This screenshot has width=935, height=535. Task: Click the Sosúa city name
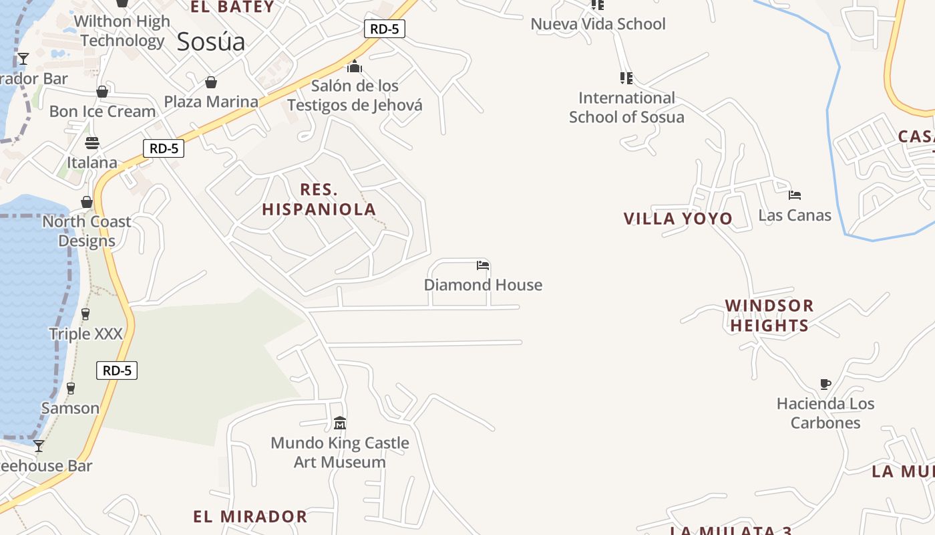click(x=211, y=42)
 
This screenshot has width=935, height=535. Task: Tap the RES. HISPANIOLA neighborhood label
click(x=319, y=199)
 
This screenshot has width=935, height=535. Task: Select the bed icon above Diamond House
click(x=483, y=265)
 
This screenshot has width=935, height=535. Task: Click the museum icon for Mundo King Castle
click(x=340, y=423)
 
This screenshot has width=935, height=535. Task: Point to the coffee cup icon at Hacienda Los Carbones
click(x=825, y=384)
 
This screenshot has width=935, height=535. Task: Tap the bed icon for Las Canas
click(x=794, y=195)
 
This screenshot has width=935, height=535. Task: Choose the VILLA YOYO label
click(x=678, y=219)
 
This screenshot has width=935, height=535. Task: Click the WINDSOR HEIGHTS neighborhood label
click(x=769, y=316)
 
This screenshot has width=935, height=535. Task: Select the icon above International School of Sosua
click(x=626, y=78)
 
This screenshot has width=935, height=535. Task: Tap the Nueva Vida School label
click(x=598, y=24)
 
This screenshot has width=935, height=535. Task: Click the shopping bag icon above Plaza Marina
click(x=211, y=82)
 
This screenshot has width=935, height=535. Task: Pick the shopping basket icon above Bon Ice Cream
click(x=102, y=92)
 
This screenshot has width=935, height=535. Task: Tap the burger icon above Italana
click(x=92, y=142)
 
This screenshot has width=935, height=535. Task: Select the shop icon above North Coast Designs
click(x=87, y=202)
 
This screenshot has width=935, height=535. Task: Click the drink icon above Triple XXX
click(x=85, y=314)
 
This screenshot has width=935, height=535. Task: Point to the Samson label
click(x=70, y=408)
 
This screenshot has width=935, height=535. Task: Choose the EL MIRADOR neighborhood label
click(x=250, y=517)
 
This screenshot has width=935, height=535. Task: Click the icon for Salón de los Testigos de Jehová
click(x=355, y=66)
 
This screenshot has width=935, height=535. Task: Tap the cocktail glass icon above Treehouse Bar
click(x=39, y=446)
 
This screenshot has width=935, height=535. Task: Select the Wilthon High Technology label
click(x=122, y=31)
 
